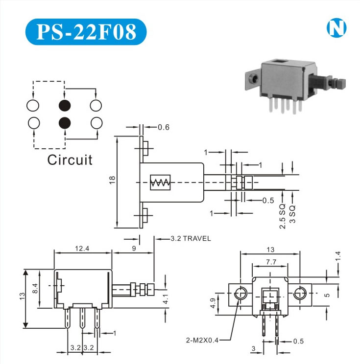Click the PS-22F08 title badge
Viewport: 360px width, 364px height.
tap(86, 32)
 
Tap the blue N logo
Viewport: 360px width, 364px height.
tap(336, 28)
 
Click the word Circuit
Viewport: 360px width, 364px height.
tap(70, 160)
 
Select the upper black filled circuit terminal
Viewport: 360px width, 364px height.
tap(64, 105)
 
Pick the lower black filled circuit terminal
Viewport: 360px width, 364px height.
tap(64, 122)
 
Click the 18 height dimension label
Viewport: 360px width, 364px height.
tap(113, 180)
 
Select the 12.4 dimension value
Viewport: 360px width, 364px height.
tap(82, 249)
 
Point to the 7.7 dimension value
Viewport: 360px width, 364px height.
tap(270, 262)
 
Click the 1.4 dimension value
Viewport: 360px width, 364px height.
tap(337, 255)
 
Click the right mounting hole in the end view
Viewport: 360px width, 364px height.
tap(300, 294)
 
